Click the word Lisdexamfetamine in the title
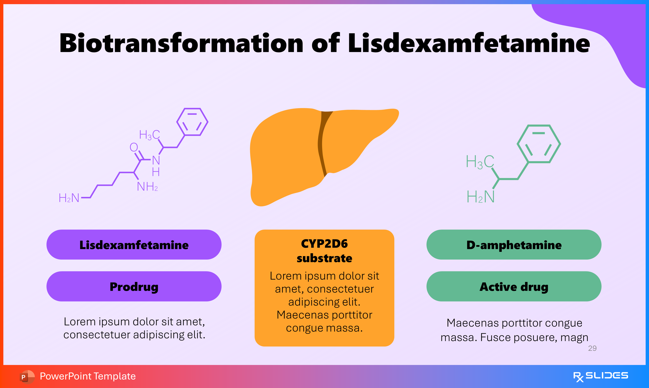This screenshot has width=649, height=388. point(468,43)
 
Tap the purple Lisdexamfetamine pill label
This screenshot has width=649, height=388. point(134,245)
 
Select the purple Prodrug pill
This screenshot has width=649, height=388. point(134,287)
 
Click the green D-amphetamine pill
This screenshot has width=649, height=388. point(514,245)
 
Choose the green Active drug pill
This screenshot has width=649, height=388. point(514,287)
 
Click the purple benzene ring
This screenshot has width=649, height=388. point(192,122)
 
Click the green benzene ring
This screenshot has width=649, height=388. point(539,144)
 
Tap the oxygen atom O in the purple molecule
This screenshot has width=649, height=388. point(134,147)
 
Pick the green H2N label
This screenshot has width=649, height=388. point(481,197)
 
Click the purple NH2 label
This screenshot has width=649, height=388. point(147,187)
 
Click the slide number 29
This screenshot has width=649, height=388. point(592,348)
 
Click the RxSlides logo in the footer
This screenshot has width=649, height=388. point(600,376)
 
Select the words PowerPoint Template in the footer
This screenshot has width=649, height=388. point(88,376)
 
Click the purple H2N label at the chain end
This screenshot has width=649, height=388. point(69,198)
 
